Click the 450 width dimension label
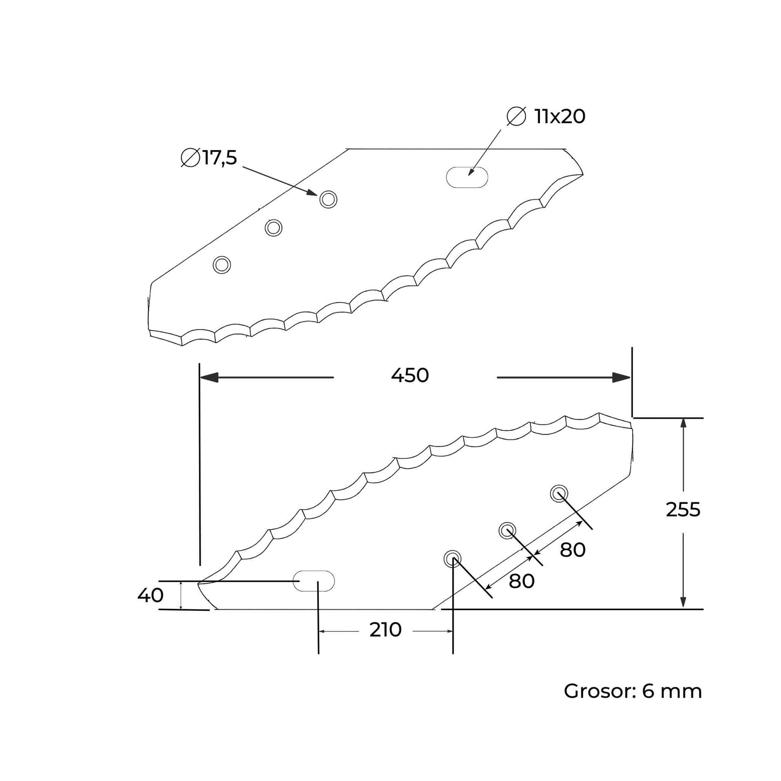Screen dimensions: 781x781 [x=410, y=375]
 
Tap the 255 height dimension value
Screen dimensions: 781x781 [x=683, y=510]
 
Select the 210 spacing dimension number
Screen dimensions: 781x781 [x=385, y=630]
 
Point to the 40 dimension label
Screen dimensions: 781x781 [x=150, y=596]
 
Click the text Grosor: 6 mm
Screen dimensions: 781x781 [x=632, y=691]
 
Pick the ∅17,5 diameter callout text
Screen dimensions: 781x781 [x=209, y=158]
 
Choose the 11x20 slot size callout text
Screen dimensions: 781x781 [x=547, y=117]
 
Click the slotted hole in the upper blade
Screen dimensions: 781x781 [x=466, y=177]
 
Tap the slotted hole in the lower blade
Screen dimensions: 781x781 [x=314, y=580]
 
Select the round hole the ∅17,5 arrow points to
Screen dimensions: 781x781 [x=328, y=199]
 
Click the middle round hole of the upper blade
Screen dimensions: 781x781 [x=273, y=228]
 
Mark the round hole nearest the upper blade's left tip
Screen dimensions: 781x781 [x=222, y=265]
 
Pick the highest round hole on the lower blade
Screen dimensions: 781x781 [x=559, y=493]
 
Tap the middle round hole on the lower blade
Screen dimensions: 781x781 [x=507, y=531]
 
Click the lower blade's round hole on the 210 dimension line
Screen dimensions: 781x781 [x=452, y=559]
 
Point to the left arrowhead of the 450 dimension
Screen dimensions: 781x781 [x=209, y=378]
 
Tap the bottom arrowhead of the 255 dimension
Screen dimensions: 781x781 [x=684, y=602]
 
